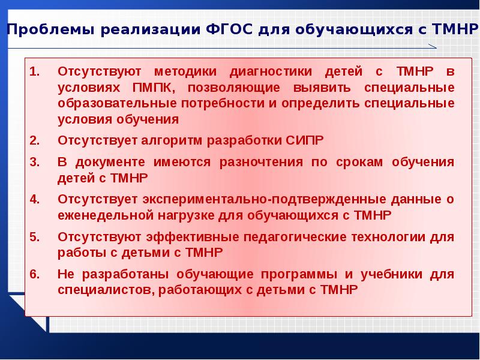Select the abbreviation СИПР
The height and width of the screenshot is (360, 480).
[x=302, y=141]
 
